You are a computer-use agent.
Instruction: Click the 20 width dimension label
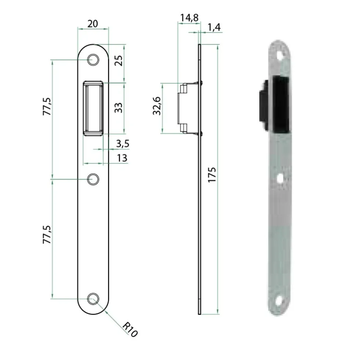(93, 24)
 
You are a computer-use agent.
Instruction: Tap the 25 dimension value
(119, 61)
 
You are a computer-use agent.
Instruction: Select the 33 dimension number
(119, 108)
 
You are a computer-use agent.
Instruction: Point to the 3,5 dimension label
(123, 144)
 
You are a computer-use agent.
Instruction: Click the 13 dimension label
(122, 158)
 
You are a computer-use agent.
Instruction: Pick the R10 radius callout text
(130, 330)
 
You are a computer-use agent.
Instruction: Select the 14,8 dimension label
(189, 18)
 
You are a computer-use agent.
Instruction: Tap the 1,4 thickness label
(214, 27)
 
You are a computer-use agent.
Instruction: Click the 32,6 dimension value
(157, 106)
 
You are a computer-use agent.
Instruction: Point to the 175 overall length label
(212, 175)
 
